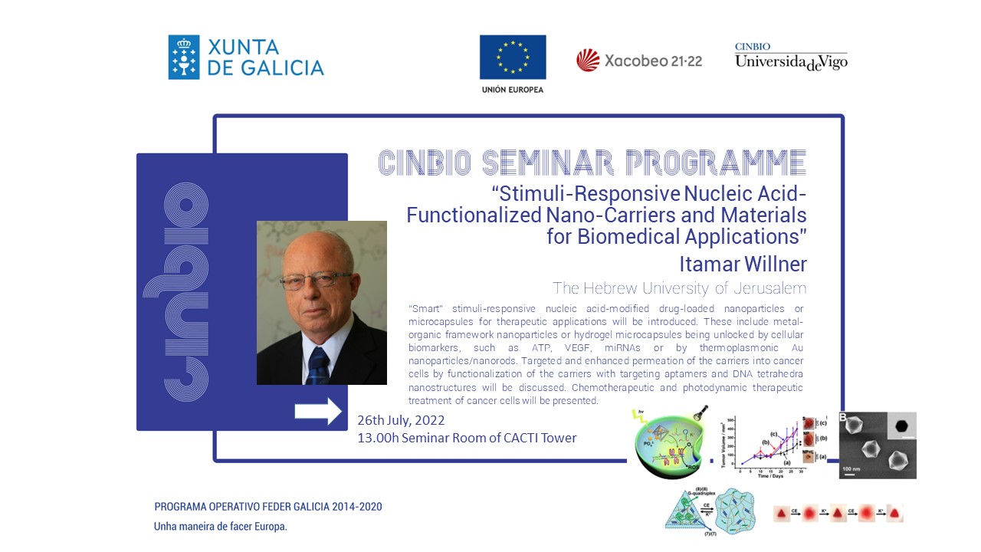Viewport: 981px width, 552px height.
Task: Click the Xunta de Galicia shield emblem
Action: [x=184, y=57]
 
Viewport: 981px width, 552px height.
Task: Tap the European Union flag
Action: [x=513, y=58]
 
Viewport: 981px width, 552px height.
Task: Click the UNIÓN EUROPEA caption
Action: [x=513, y=90]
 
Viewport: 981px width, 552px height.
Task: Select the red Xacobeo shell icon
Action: [x=588, y=60]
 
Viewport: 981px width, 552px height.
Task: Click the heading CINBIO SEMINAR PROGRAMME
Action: [x=592, y=162]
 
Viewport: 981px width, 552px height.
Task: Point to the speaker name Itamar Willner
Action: [x=743, y=264]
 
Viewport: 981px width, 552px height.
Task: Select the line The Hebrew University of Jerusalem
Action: [x=679, y=288]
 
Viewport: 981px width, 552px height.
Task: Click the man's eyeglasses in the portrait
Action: [x=315, y=281]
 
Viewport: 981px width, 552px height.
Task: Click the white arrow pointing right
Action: [x=318, y=412]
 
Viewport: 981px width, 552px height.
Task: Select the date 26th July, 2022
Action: [x=401, y=421]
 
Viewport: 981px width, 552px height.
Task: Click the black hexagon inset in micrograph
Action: [x=902, y=426]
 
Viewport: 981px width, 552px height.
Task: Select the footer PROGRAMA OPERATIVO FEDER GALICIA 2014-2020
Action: [x=268, y=507]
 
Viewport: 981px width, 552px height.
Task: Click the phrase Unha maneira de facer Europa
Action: [x=220, y=527]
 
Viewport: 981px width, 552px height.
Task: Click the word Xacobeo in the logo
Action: [x=638, y=61]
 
